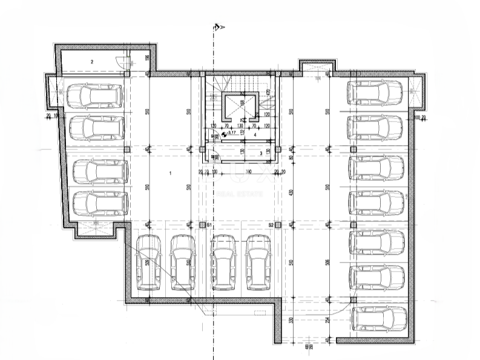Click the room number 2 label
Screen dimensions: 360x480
coord(92,62)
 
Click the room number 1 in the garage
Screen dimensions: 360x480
coord(171,174)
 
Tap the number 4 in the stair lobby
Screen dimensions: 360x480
coord(255,135)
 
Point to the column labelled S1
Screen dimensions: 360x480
coord(203,225)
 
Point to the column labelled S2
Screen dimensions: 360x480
coord(278,225)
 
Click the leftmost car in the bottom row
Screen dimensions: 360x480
coord(149,263)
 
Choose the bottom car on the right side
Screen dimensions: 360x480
coord(379,319)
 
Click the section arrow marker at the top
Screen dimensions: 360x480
coord(219,27)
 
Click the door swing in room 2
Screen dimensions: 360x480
coord(126,61)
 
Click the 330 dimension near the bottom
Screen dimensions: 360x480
coord(291,320)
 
